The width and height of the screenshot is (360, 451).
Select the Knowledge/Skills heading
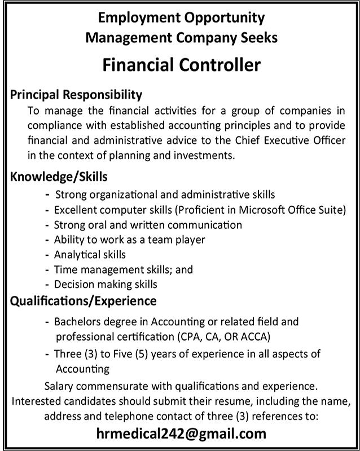coord(59,177)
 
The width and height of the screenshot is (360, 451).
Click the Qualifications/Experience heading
coord(84,301)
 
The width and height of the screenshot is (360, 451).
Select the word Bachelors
coord(78,322)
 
